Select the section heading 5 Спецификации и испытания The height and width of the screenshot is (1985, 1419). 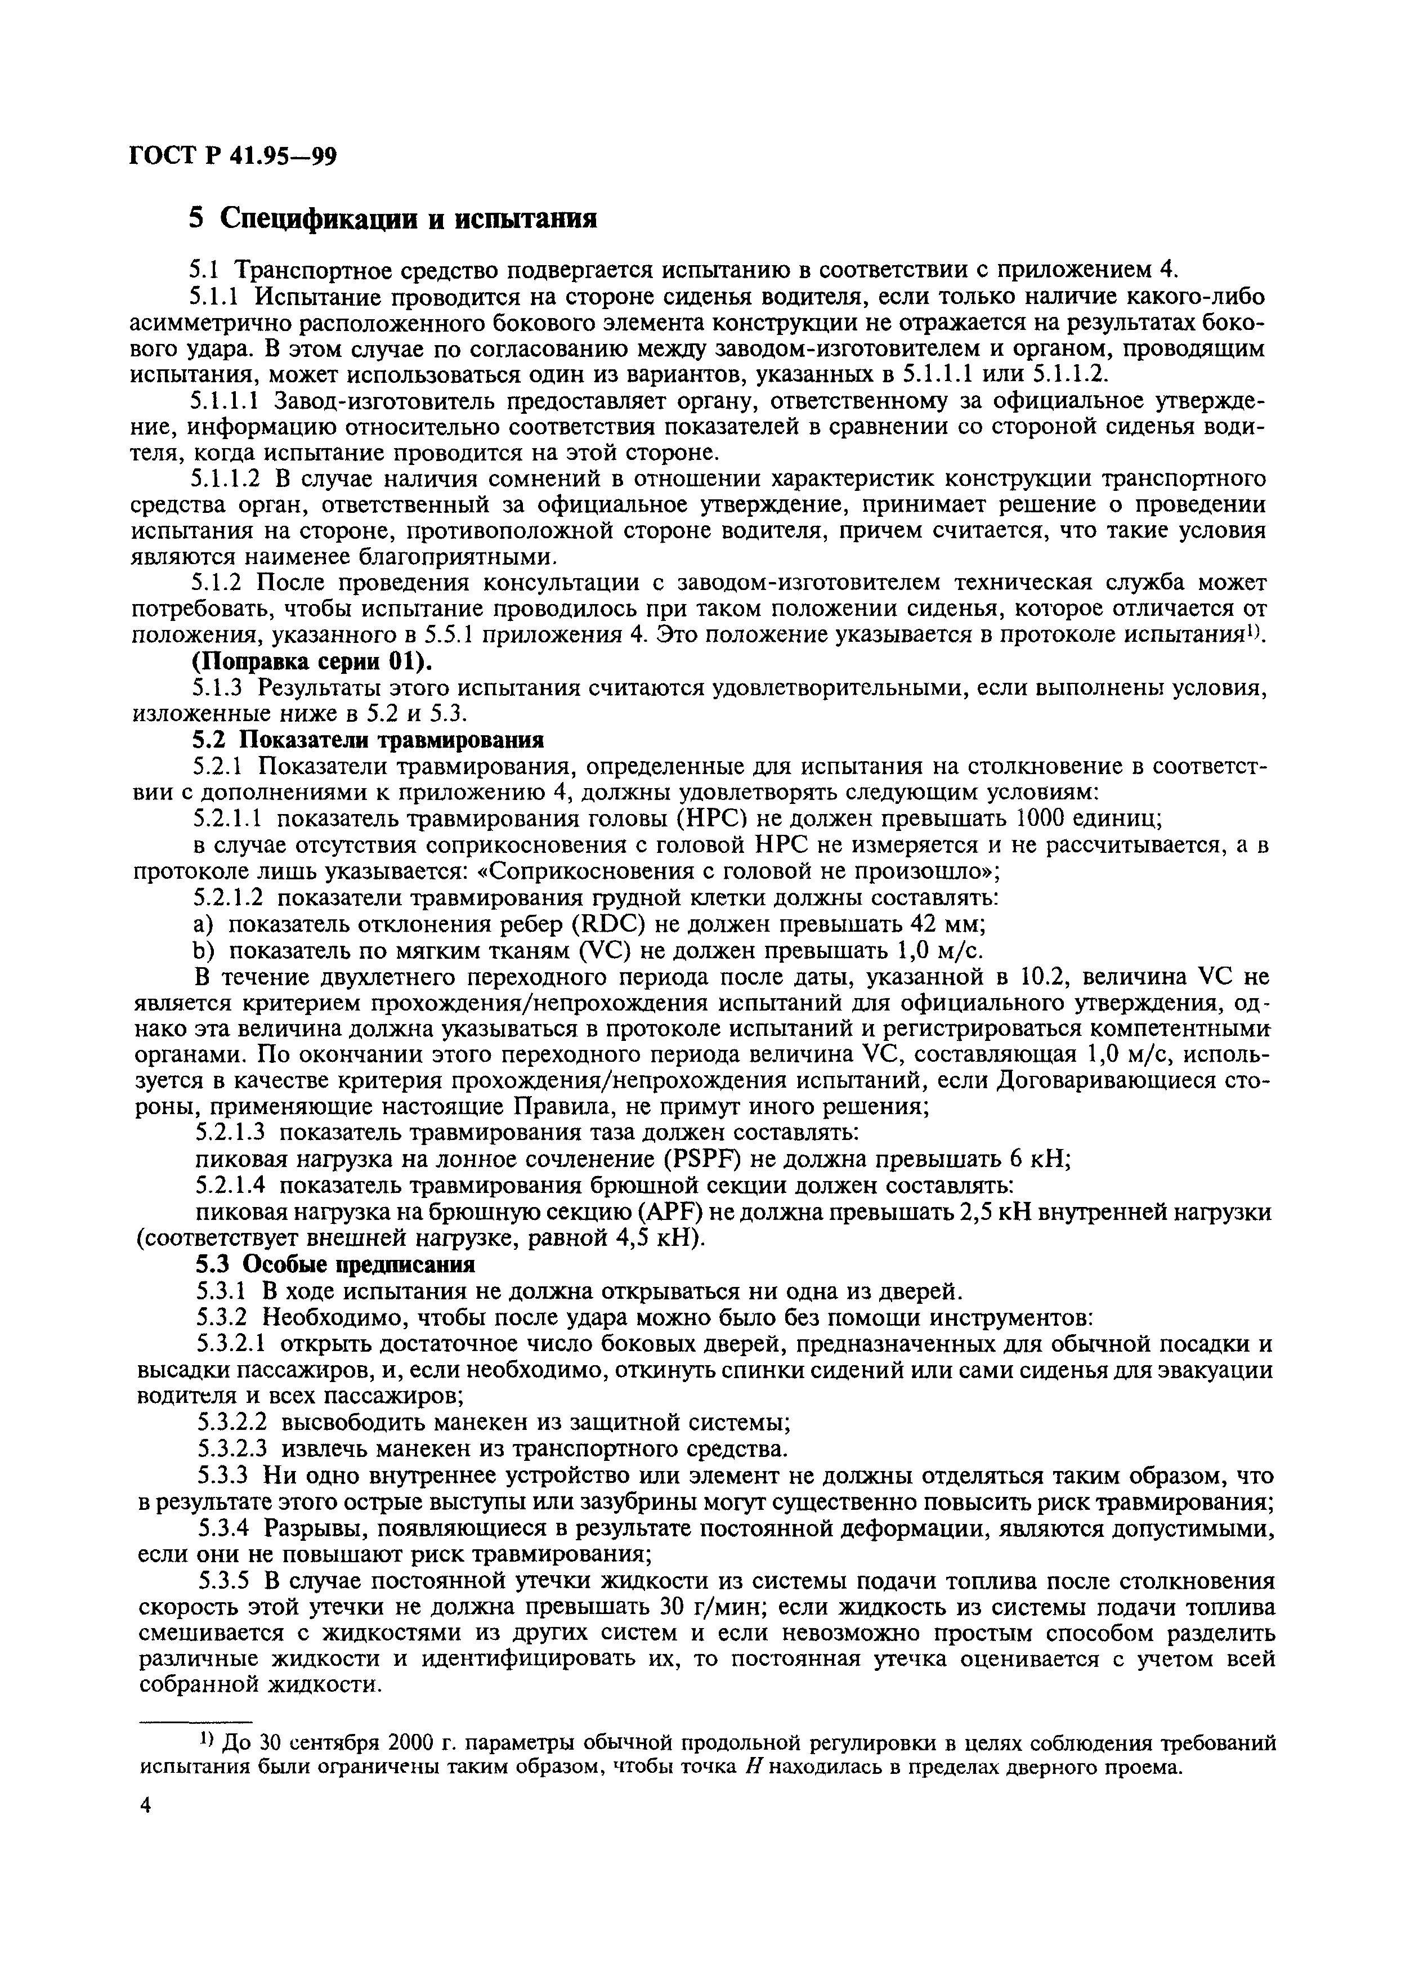(x=394, y=217)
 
